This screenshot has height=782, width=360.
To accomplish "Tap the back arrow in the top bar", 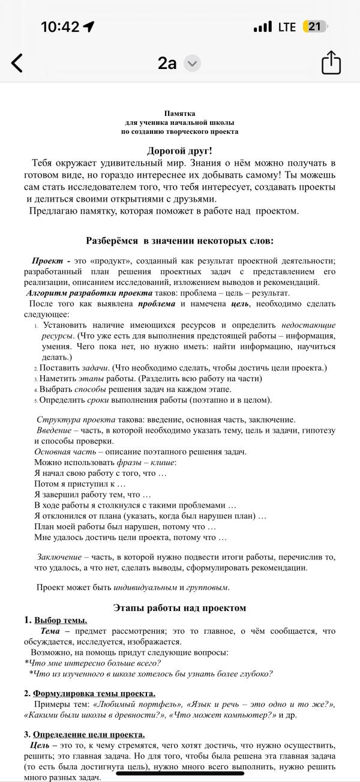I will (x=17, y=63).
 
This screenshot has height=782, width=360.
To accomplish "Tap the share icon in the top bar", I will (x=331, y=62).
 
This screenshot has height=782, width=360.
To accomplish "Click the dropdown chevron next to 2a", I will (x=192, y=63).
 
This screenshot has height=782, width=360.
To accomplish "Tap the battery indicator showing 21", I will (x=314, y=27).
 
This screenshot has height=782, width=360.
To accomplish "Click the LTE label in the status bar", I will (x=287, y=27).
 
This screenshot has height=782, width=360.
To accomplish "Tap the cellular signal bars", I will (x=263, y=27).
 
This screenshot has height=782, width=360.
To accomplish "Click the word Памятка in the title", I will (x=179, y=113).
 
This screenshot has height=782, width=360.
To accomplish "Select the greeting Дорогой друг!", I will (x=179, y=151).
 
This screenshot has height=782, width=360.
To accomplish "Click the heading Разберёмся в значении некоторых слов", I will (x=179, y=241).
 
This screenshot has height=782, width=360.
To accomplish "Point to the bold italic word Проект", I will (x=47, y=260).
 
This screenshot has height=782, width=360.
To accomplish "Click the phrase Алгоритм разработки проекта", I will (x=89, y=293).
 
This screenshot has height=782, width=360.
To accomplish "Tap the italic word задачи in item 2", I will (x=95, y=368).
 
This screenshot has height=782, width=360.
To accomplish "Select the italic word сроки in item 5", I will (x=98, y=400).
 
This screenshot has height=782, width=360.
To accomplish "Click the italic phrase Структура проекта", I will (x=72, y=420).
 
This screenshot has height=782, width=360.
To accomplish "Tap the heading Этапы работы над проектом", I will (x=179, y=608).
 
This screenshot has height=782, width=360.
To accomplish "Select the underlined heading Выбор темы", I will (x=61, y=620).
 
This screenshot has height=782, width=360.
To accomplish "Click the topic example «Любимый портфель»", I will (x=140, y=705).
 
